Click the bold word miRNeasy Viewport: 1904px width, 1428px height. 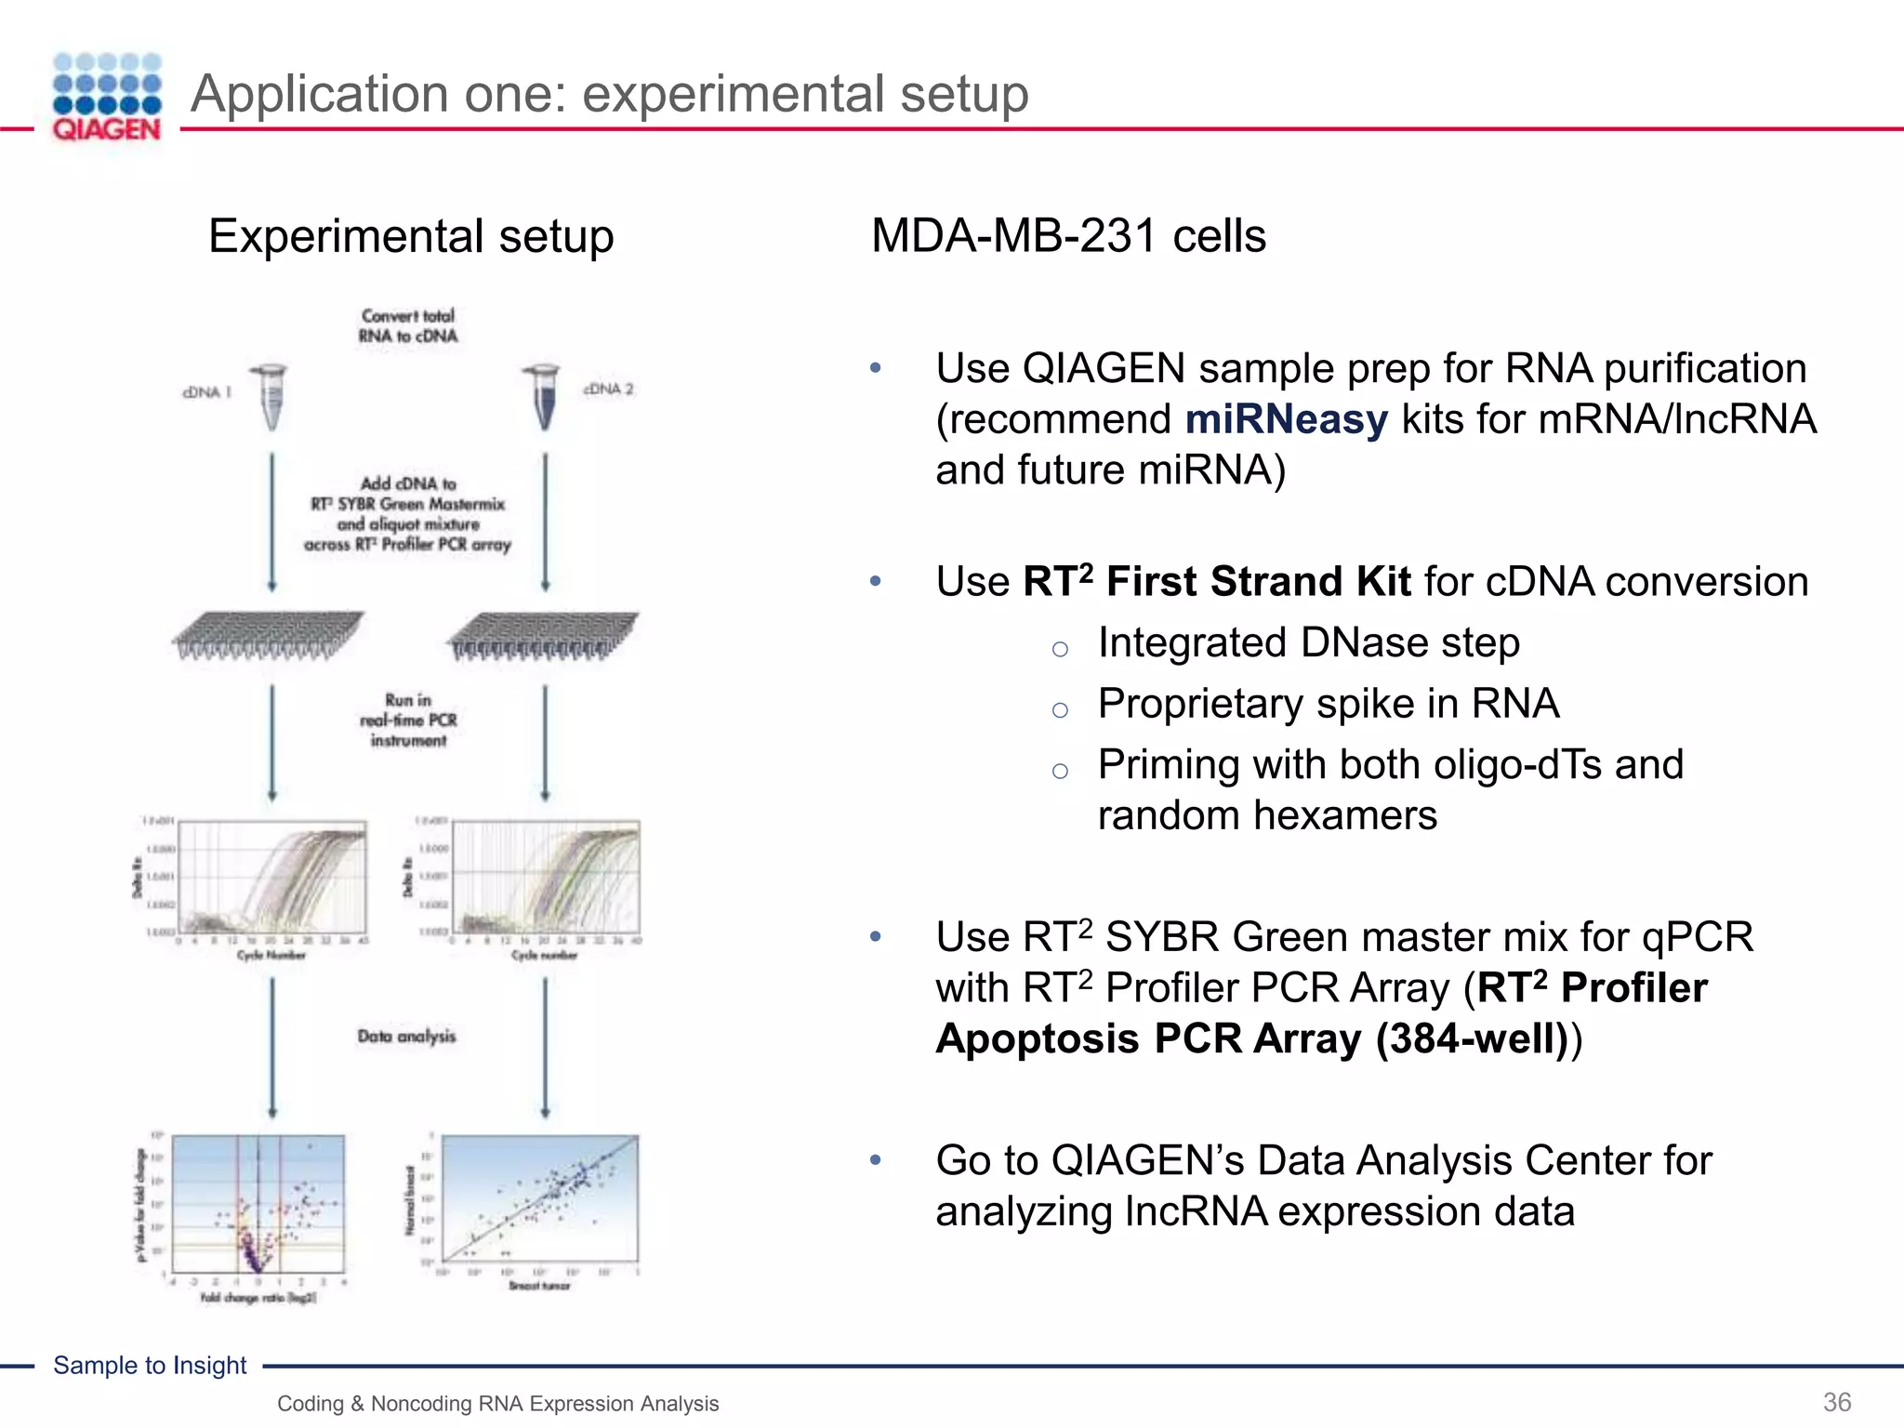point(1286,419)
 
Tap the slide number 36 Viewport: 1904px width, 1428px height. point(1836,1402)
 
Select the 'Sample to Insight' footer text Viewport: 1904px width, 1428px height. point(150,1365)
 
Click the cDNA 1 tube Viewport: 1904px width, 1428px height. point(271,397)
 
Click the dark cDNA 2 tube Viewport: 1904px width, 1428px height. point(544,397)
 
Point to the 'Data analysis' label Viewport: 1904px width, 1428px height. point(406,1037)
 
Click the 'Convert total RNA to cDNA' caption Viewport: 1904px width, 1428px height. point(408,326)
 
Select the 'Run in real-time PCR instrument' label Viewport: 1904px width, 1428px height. point(408,721)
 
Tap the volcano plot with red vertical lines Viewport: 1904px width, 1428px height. point(258,1204)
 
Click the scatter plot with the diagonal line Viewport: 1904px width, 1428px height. point(540,1204)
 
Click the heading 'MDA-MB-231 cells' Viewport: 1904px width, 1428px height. point(1068,236)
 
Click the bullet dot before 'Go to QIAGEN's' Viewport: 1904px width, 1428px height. point(875,1160)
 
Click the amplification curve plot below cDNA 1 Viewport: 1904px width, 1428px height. point(271,879)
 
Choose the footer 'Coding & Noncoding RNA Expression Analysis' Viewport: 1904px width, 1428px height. point(497,1404)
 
